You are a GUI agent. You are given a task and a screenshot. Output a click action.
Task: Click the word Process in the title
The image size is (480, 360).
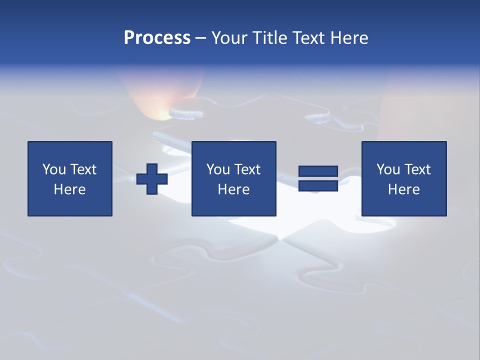click(157, 38)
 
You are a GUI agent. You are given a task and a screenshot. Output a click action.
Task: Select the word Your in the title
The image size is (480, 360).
click(229, 38)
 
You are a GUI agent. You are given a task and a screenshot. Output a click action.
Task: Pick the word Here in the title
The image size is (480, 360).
click(349, 38)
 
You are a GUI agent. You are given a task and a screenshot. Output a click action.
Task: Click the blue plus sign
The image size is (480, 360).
click(152, 179)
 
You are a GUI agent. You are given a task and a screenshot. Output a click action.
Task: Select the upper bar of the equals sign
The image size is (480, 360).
click(318, 171)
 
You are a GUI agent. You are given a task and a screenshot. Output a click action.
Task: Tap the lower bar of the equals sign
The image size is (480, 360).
click(318, 185)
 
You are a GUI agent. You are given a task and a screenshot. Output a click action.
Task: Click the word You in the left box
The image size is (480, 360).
click(54, 169)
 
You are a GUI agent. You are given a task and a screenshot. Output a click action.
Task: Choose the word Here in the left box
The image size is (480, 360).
click(69, 189)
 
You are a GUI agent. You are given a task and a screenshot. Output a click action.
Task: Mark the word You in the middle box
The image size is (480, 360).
click(218, 169)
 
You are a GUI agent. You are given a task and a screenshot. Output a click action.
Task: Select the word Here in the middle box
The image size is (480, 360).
click(233, 189)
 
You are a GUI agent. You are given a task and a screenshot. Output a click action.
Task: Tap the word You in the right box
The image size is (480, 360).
click(388, 169)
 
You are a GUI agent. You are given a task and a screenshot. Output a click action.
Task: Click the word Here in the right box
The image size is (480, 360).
click(403, 189)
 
